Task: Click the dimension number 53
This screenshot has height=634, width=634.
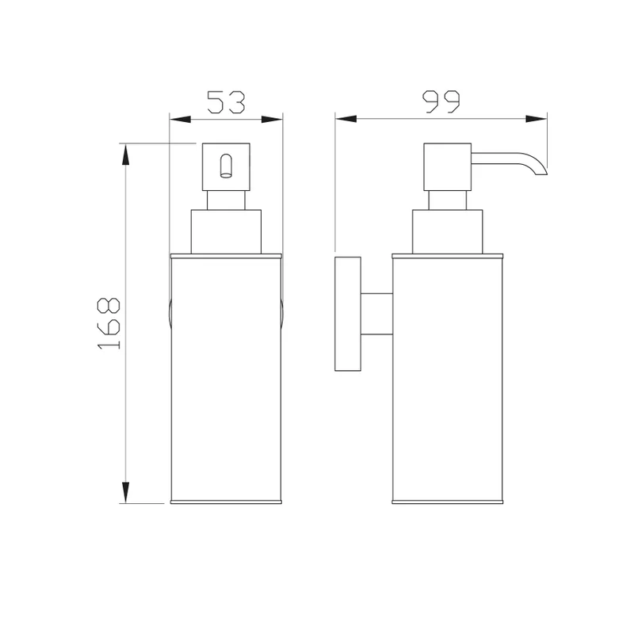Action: coord(226,101)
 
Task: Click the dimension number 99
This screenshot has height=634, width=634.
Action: coord(441,101)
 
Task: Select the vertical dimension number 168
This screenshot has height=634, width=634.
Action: coord(109,323)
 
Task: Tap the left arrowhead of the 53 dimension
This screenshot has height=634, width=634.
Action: coord(180,120)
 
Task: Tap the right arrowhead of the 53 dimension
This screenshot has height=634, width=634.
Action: coord(272,120)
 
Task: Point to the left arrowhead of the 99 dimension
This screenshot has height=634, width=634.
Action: coord(346,119)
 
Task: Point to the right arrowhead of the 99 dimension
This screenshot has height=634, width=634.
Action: coord(537,119)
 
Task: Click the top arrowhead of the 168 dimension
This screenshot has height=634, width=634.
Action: coord(126,155)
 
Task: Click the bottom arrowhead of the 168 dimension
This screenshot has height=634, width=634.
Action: coord(126,492)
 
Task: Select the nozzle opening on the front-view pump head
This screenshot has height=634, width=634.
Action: coord(226,166)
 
